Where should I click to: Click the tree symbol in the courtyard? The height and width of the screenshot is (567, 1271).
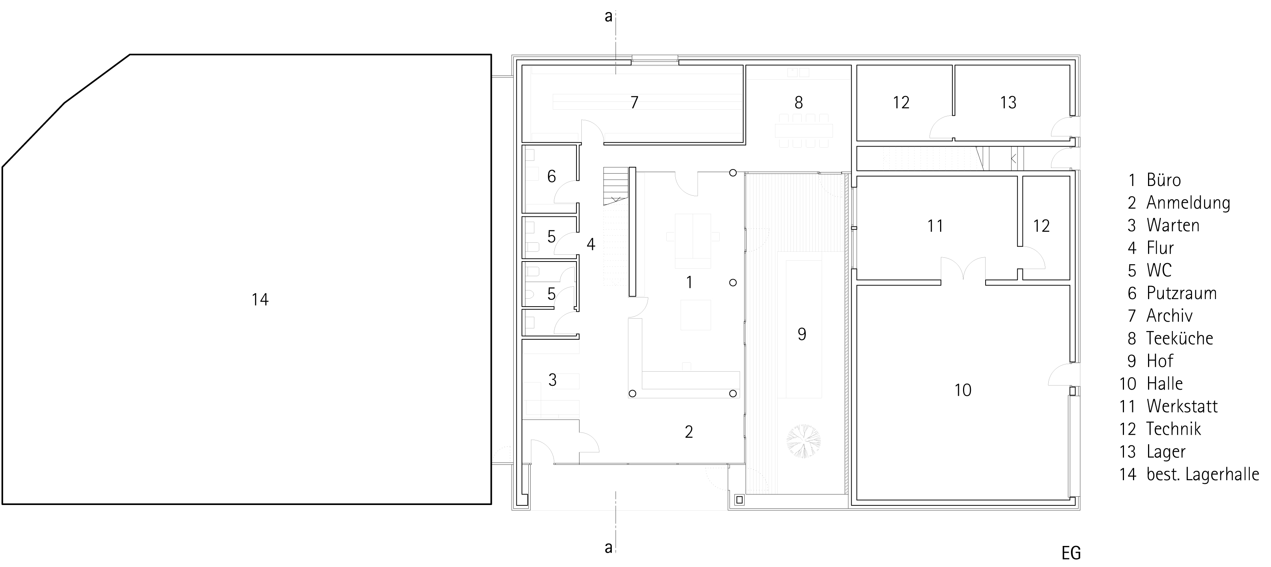click(803, 441)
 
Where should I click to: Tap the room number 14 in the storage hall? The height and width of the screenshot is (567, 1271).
click(260, 299)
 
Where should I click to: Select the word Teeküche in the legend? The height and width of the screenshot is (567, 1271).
click(1179, 338)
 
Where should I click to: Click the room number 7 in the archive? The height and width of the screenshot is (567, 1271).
click(634, 102)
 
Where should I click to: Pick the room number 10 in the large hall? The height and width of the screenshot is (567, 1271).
click(963, 390)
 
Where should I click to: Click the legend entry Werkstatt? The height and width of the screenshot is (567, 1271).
click(1182, 406)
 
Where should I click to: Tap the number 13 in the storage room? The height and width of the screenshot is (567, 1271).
click(1008, 102)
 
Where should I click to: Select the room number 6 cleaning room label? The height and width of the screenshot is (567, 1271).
click(552, 176)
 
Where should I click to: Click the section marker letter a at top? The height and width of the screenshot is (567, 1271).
click(608, 16)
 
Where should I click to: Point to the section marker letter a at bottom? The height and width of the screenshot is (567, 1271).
click(608, 547)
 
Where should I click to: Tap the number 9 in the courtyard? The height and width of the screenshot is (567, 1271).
click(802, 334)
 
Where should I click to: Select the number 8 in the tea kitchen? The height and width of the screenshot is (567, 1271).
click(799, 102)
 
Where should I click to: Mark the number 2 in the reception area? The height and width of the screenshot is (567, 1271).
click(689, 432)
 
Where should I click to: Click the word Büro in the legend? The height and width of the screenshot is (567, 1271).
click(1163, 180)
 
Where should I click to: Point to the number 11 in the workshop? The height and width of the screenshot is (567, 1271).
click(935, 226)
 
